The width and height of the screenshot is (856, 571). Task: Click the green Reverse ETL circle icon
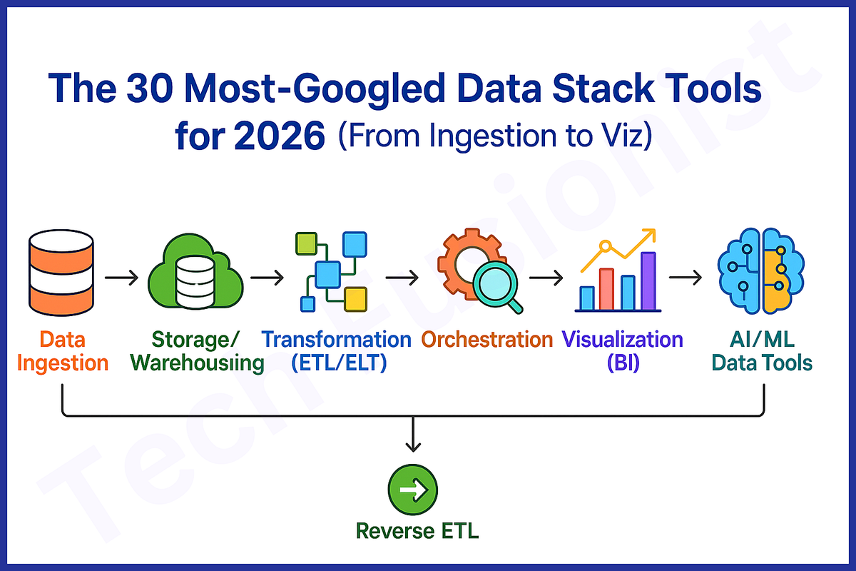(x=412, y=490)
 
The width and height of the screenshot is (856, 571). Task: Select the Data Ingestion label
(x=62, y=350)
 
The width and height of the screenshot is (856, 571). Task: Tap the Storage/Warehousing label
(x=198, y=350)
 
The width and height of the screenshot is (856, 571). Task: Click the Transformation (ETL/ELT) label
(x=337, y=350)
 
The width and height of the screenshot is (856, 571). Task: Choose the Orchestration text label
(x=486, y=339)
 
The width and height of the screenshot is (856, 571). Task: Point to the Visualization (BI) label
(x=623, y=350)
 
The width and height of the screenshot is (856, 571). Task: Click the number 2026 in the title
(x=280, y=136)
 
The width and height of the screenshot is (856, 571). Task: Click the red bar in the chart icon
(x=607, y=289)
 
